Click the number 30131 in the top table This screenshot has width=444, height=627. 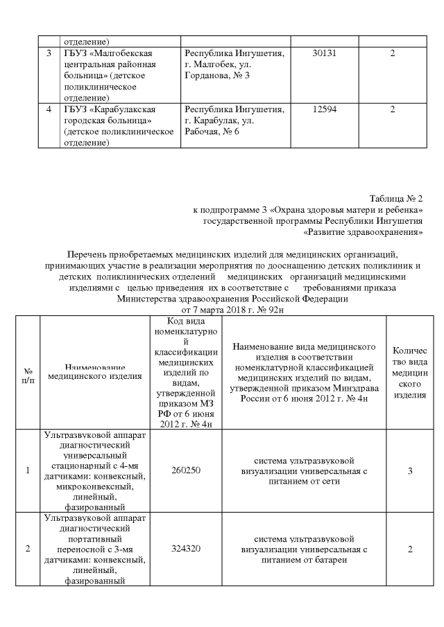[x=325, y=53]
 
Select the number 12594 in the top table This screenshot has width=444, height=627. [x=325, y=109]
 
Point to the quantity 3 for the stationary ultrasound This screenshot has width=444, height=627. [x=410, y=470]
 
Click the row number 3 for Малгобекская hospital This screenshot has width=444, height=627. [x=48, y=53]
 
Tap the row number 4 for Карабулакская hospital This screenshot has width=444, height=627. [x=48, y=109]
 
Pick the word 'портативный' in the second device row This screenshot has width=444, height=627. [x=94, y=538]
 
